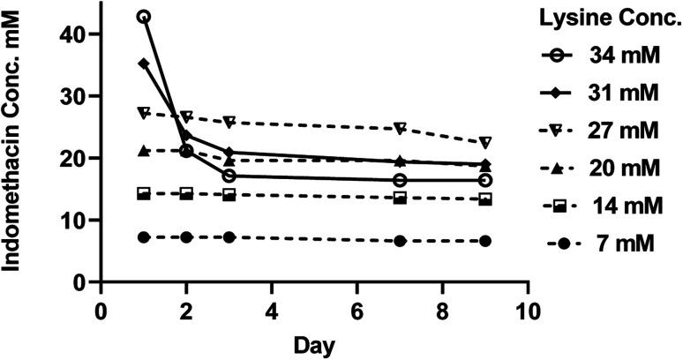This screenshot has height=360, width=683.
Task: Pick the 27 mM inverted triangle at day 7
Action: [x=400, y=129]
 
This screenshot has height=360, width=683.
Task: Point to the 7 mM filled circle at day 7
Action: [x=400, y=241]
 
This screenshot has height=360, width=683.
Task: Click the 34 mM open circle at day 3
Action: [x=229, y=176]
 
